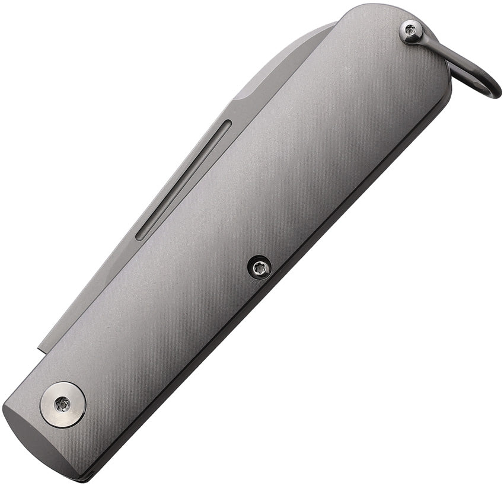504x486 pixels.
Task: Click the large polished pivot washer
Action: pyautogui.click(x=63, y=405)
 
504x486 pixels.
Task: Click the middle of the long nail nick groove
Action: pyautogui.click(x=183, y=180)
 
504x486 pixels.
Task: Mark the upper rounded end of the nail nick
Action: pyautogui.click(x=228, y=124)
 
